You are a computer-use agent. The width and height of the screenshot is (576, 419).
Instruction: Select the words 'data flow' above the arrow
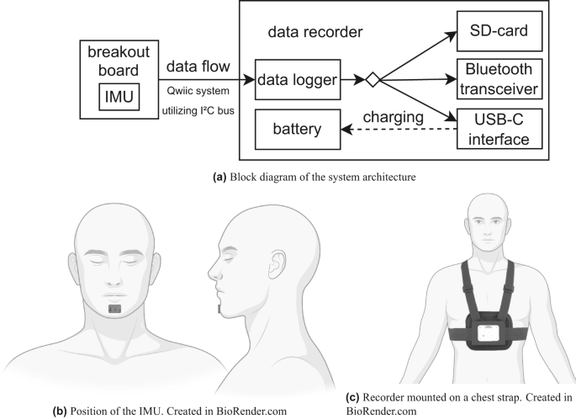[196, 64]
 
